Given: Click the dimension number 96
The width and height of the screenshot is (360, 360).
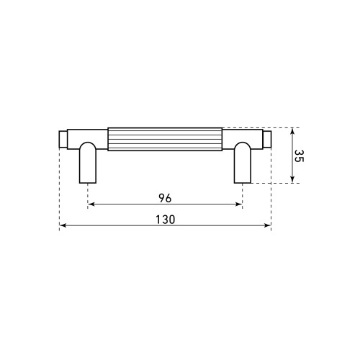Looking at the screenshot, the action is [x=165, y=198].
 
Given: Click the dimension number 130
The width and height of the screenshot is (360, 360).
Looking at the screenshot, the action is [x=166, y=220].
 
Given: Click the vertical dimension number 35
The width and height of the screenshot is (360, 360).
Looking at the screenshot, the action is [x=299, y=156].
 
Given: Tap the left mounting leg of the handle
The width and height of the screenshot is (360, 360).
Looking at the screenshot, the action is [x=88, y=163].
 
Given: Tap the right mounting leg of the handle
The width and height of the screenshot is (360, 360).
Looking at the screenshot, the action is [x=243, y=163].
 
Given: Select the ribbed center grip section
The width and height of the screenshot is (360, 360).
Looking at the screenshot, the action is [x=165, y=139].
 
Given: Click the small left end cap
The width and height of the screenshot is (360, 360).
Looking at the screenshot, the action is [x=63, y=139].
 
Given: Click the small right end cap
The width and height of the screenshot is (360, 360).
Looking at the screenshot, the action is [x=267, y=139].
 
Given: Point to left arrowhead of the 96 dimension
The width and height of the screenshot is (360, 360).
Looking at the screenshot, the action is [x=91, y=204].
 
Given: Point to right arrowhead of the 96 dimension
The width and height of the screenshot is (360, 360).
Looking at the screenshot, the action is [x=239, y=204].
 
